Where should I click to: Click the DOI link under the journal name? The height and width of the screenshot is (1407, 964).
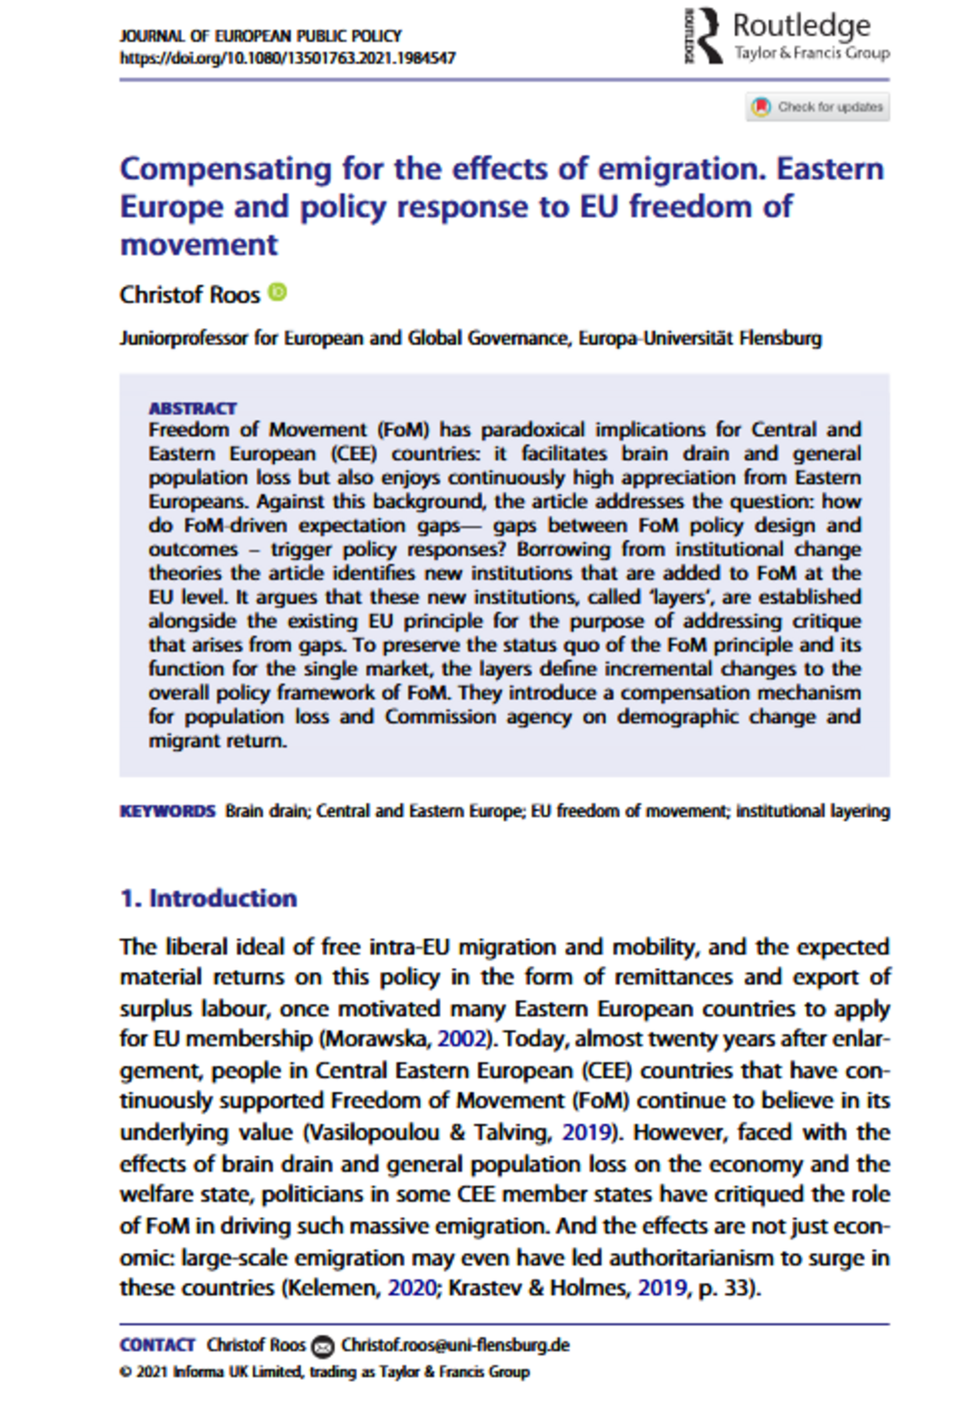(287, 58)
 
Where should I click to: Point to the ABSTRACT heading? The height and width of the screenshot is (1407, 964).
(192, 409)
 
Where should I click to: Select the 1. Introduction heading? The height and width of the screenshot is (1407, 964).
(208, 899)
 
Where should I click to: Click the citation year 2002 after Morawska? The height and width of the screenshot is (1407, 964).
(462, 1039)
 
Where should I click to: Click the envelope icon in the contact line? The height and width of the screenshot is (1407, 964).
(323, 1346)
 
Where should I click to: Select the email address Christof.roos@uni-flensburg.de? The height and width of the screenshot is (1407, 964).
(455, 1345)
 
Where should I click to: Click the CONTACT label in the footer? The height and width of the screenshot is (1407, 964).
(157, 1345)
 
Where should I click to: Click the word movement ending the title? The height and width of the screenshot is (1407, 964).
(199, 245)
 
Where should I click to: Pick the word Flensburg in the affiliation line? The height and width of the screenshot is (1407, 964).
(780, 338)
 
